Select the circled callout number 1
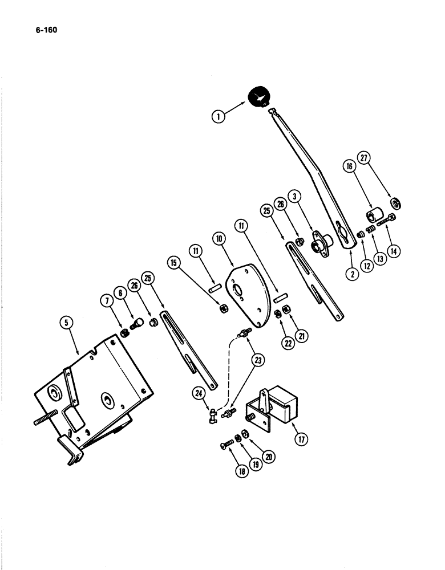point(217,117)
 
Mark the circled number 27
point(365,157)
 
